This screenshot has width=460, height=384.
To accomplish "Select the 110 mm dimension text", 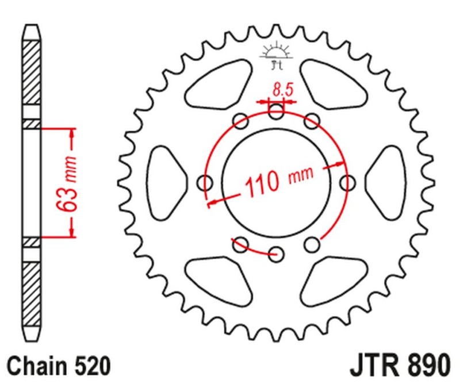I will point(279,181).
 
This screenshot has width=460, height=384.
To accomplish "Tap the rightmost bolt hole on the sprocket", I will point(347,183).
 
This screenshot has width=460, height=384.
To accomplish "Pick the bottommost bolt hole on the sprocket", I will point(277,254).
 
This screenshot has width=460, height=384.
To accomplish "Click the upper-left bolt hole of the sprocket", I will point(241,121).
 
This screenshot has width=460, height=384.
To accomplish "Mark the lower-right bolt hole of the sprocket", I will point(312,245).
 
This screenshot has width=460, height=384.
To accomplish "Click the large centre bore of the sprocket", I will point(277,183).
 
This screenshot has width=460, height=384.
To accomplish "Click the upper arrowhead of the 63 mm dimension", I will point(72,134).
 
